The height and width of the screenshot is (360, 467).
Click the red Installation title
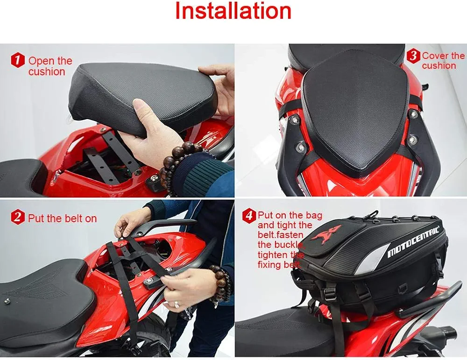pyautogui.click(x=233, y=11)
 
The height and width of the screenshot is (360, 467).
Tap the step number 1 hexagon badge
pyautogui.click(x=18, y=60)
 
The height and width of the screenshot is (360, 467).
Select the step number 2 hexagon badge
pyautogui.click(x=18, y=218)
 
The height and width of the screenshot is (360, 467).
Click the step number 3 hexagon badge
pyautogui.click(x=413, y=56)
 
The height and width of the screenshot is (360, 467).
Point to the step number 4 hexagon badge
pyautogui.click(x=249, y=215)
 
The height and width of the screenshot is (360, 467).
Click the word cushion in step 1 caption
pyautogui.click(x=47, y=72)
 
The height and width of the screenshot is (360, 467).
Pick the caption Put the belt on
pyautogui.click(x=62, y=218)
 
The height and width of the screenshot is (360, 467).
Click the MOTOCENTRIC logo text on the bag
pyautogui.click(x=413, y=242)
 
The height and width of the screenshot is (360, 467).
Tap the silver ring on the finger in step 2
pyautogui.click(x=177, y=304)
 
